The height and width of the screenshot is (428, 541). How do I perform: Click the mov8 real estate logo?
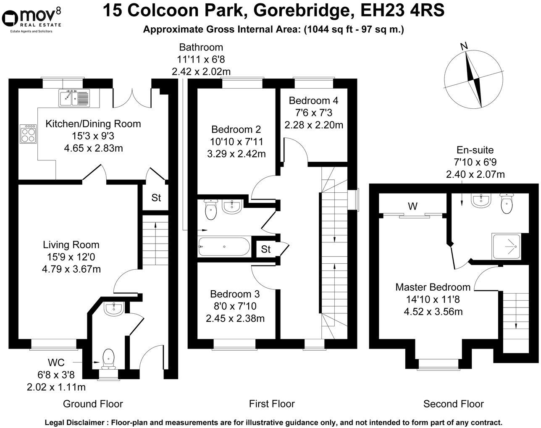32,18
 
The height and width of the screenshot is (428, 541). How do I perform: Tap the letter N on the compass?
464,47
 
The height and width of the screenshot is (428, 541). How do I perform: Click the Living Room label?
71,244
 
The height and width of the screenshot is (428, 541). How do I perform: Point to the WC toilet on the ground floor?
108,358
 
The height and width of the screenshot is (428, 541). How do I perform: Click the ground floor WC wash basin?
113,309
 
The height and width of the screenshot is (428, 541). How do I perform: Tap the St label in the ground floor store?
156,197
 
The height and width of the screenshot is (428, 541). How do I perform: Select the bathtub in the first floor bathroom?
224,247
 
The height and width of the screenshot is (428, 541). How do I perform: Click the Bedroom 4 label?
313,101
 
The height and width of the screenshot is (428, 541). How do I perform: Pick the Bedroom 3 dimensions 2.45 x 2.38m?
235,318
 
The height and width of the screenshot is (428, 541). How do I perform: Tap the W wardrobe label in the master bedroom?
412,206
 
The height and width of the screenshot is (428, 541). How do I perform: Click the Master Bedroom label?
433,287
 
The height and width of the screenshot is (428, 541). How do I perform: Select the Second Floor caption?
453,404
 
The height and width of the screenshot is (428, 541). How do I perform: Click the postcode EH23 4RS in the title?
403,11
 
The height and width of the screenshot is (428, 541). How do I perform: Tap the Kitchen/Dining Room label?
93,124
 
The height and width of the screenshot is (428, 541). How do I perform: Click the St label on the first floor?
265,249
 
